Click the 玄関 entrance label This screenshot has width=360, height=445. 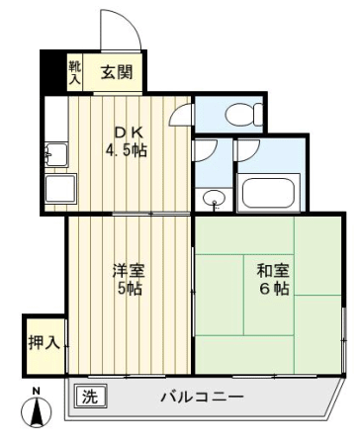tap(117, 72)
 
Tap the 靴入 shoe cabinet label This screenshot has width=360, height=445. tap(75, 71)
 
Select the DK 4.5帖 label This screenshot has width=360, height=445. tap(127, 141)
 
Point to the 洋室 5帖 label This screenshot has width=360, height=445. tap(129, 279)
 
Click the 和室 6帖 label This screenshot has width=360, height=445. tap(273, 279)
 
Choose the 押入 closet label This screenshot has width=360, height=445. tap(44, 343)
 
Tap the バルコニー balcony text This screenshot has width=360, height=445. tap(202, 397)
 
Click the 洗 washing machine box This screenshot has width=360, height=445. tap(90, 396)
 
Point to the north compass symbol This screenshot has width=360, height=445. tap(37, 412)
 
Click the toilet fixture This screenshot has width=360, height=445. tap(244, 114)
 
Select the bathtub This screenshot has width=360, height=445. tap(268, 193)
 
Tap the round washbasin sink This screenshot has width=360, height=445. tap(215, 199)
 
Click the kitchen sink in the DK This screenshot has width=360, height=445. tap(56, 154)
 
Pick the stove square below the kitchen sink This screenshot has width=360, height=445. tap(60, 189)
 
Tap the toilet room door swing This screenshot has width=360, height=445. tap(181, 114)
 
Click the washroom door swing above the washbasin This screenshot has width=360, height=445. tap(206, 150)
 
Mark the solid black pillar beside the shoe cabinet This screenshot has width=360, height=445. tap(52, 72)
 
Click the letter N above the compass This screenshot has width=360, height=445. tap(37, 392)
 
